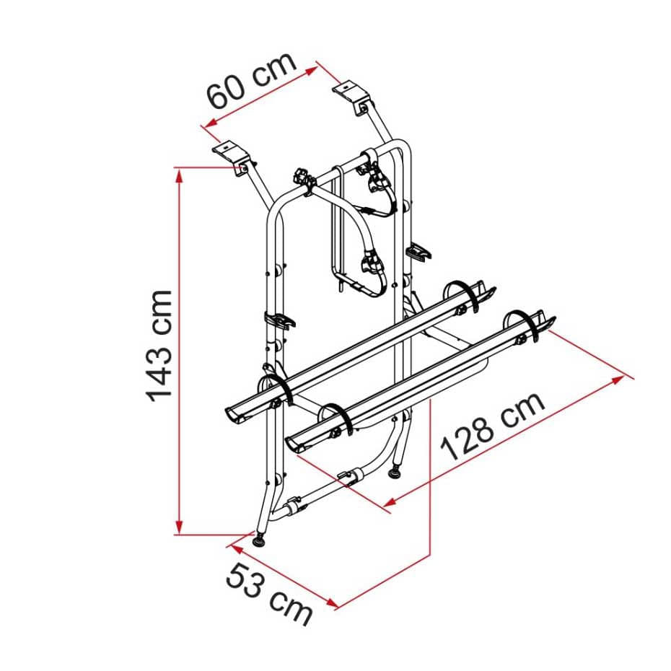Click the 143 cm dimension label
pos(159,345)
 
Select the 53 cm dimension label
pos(269,594)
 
